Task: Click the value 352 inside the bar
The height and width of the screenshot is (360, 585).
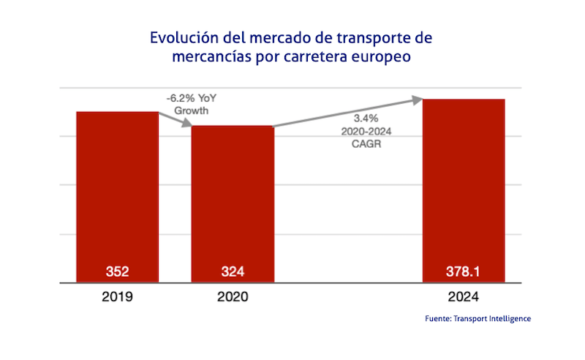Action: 118,272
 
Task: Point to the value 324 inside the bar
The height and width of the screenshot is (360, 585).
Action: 233,272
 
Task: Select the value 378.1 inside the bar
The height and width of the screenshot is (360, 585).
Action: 464,272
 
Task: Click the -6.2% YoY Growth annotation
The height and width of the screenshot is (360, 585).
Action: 192,105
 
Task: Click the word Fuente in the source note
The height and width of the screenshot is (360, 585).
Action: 437,319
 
